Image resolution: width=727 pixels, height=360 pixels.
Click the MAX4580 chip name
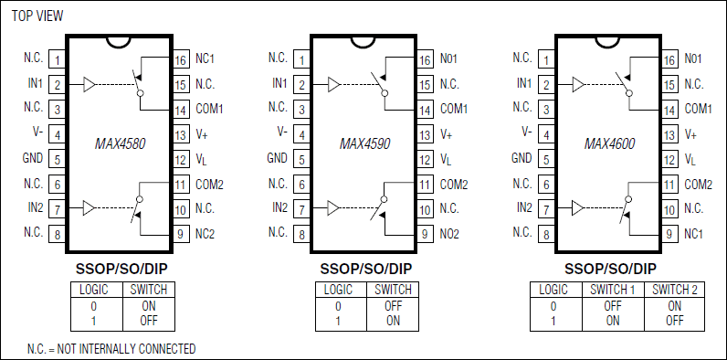click(x=121, y=143)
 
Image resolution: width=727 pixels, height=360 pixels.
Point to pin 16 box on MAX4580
click(x=180, y=59)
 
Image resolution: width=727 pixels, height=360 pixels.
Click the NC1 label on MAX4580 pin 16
click(x=205, y=58)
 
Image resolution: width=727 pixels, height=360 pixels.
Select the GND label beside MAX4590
click(x=278, y=158)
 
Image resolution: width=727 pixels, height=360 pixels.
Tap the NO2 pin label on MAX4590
click(x=450, y=234)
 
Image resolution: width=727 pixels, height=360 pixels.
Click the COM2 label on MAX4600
click(x=699, y=184)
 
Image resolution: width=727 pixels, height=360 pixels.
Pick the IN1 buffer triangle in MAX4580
click(x=89, y=85)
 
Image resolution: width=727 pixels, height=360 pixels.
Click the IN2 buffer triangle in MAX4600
click(x=577, y=208)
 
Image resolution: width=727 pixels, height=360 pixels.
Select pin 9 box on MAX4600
click(x=669, y=235)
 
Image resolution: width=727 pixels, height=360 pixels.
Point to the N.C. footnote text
click(x=111, y=348)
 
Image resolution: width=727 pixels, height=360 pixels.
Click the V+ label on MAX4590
click(x=446, y=133)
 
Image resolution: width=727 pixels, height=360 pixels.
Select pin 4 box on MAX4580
click(x=57, y=134)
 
